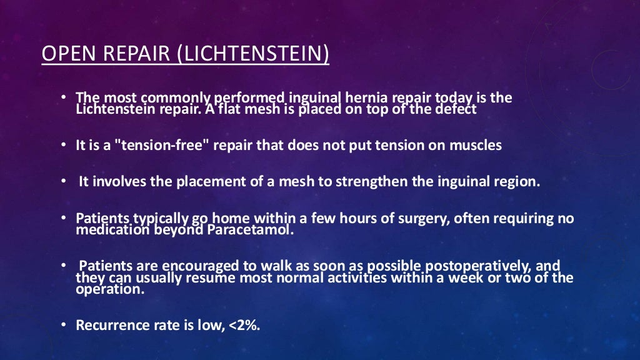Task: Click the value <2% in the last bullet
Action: [x=241, y=325]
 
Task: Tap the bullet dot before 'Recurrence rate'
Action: [x=64, y=325]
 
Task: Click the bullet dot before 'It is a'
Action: [x=64, y=146]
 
